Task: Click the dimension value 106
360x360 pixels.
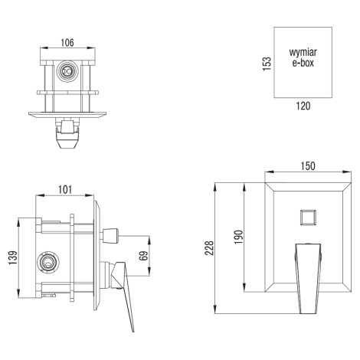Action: (x=67, y=43)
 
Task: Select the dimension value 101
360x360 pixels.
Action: (x=65, y=190)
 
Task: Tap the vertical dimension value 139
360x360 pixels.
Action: (x=13, y=257)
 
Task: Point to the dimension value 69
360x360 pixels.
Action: (x=144, y=256)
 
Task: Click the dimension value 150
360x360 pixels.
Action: (x=308, y=166)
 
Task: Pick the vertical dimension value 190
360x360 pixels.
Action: (x=238, y=237)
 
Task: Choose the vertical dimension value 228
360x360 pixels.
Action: (x=209, y=248)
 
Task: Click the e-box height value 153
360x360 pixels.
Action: (x=267, y=64)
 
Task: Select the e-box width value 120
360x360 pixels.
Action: (x=303, y=106)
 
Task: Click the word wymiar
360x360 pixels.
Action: (x=303, y=52)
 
